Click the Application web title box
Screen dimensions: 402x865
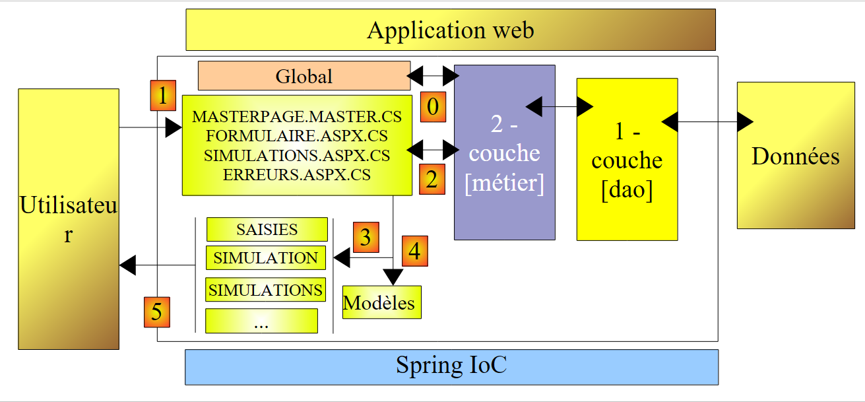pos(451,30)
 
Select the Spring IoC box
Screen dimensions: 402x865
pos(451,366)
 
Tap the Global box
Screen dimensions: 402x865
pos(304,76)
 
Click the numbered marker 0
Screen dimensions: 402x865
pos(432,107)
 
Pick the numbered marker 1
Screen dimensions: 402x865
pos(162,95)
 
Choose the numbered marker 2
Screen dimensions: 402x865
pos(432,179)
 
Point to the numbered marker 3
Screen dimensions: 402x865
pos(366,237)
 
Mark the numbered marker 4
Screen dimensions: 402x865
pos(414,250)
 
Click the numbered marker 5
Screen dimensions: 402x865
pos(156,312)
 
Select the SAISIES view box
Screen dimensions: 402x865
pos(267,229)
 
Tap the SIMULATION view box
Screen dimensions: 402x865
pos(266,257)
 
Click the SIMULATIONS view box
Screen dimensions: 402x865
pos(265,289)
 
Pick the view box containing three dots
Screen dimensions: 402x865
pos(261,321)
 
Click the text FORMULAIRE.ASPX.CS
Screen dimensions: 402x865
pos(296,137)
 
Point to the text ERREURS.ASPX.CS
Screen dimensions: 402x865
pos(296,175)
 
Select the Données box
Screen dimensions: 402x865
pos(795,156)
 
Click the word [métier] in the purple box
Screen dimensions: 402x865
pos(504,183)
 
